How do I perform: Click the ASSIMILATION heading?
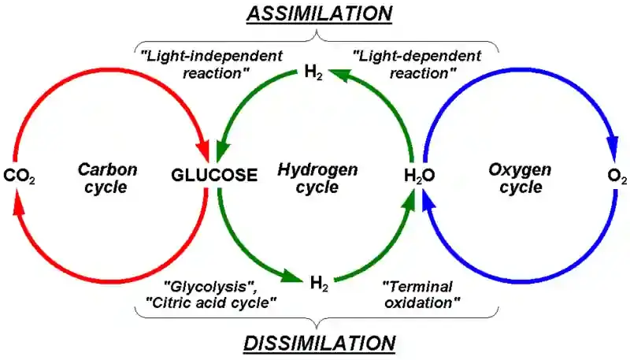(318, 13)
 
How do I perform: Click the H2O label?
(419, 176)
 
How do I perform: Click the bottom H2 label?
(318, 281)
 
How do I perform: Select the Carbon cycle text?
(108, 177)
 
